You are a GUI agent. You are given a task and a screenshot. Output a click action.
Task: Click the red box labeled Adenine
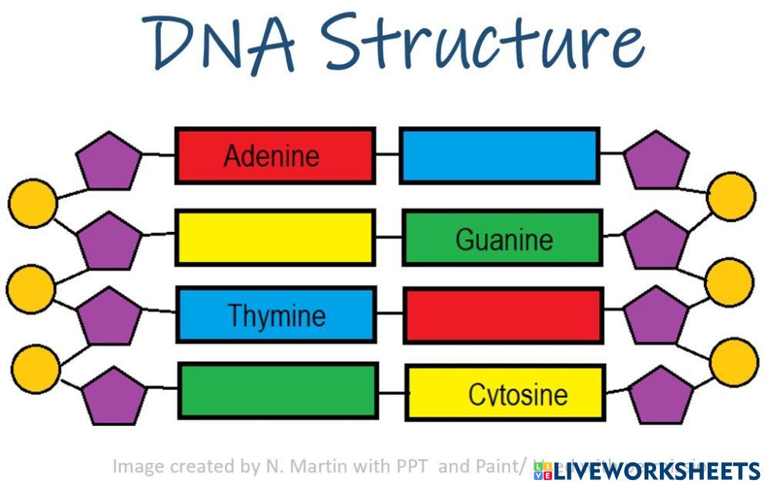click(275, 156)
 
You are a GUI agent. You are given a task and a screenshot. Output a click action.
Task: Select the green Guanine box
click(502, 238)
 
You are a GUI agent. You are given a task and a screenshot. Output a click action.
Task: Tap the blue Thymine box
click(276, 314)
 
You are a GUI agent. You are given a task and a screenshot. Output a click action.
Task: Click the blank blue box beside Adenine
click(499, 156)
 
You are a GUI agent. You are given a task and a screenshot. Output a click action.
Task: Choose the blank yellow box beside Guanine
click(275, 237)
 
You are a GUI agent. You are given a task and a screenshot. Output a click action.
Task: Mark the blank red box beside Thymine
click(504, 315)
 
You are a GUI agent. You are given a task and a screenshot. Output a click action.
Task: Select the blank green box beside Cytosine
click(278, 391)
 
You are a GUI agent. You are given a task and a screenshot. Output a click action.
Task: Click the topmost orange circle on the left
click(32, 203)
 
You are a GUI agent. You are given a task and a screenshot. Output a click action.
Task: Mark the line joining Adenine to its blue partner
click(387, 155)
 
